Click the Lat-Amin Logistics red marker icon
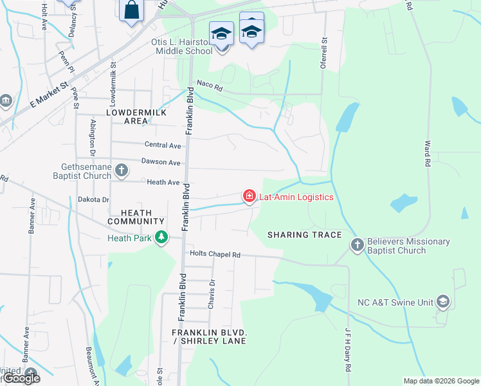pyautogui.click(x=249, y=196)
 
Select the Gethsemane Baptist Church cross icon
pyautogui.click(x=121, y=170)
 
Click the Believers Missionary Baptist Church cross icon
pyautogui.click(x=358, y=245)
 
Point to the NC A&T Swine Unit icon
pyautogui.click(x=442, y=301)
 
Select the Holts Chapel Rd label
pyautogui.click(x=215, y=255)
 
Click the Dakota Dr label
pyautogui.click(x=94, y=200)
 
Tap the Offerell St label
pyautogui.click(x=323, y=58)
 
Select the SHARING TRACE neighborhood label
pyautogui.click(x=304, y=235)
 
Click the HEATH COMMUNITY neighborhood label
pyautogui.click(x=131, y=217)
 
